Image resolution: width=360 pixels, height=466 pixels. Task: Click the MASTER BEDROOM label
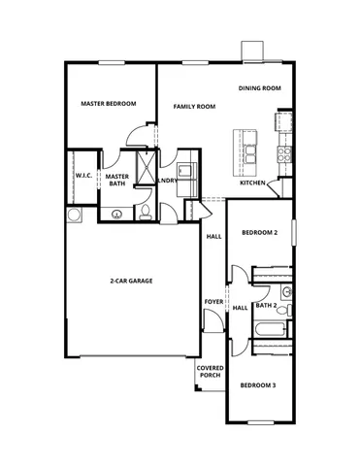point(108,104)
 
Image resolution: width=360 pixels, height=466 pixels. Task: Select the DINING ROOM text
point(260,88)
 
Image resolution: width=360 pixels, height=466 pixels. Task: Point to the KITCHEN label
point(253,183)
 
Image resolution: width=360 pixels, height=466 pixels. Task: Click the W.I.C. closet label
point(83,176)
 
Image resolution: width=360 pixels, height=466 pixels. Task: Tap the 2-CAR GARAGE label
point(131,281)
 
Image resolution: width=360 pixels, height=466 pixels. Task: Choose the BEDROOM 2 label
point(260,233)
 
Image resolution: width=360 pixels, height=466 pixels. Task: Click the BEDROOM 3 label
point(259,385)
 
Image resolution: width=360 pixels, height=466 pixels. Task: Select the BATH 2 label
point(267,307)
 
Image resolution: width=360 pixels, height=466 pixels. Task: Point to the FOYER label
point(213,302)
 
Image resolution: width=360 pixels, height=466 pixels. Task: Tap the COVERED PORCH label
point(211,373)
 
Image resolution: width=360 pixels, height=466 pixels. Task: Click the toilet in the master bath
point(143,213)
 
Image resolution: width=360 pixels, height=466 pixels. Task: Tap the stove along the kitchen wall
point(284,153)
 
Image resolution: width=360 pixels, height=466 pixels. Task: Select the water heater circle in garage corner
point(74,215)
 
